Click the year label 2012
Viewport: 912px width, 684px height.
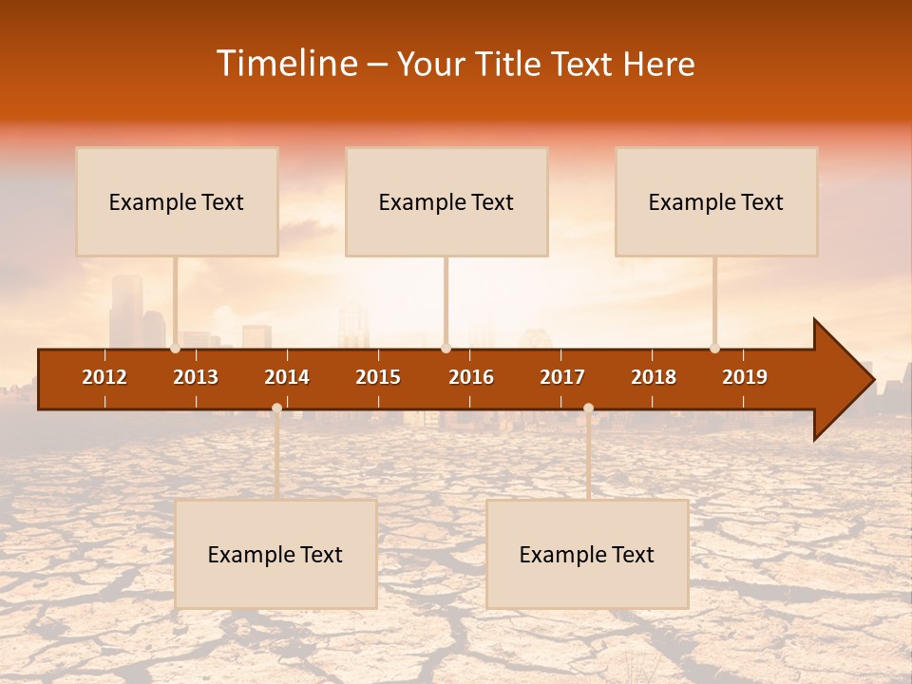coord(104,377)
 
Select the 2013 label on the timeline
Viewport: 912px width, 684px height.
coord(196,377)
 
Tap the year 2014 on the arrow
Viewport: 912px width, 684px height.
coord(287,377)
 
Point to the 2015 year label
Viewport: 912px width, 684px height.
coord(378,377)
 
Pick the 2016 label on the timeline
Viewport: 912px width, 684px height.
coord(471,377)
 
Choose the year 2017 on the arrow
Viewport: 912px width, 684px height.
coord(562,377)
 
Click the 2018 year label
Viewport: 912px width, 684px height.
coord(654,377)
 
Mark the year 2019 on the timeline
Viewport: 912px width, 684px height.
coord(745,377)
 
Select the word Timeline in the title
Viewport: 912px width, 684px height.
coord(285,64)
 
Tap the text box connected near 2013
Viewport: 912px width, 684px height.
coord(177,201)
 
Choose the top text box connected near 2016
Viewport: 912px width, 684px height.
coord(446,201)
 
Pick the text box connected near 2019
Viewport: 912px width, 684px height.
coord(716,201)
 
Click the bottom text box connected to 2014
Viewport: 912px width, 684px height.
coord(275,554)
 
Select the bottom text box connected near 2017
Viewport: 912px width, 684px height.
coord(587,554)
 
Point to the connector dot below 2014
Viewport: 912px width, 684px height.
coord(276,408)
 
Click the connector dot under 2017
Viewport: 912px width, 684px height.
coord(588,408)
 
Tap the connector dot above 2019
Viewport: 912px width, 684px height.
coord(714,349)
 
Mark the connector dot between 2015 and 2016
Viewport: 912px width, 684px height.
coord(446,349)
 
